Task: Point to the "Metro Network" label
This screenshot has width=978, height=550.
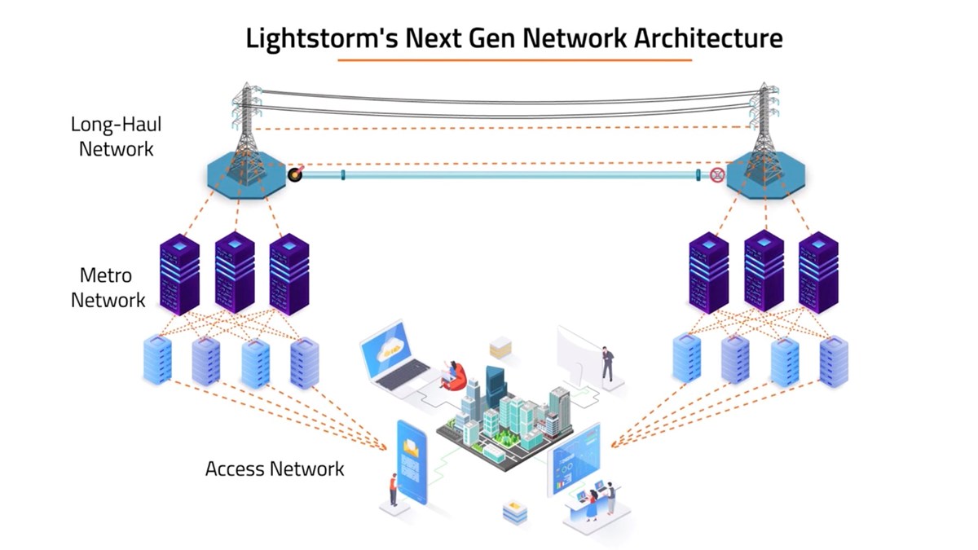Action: (x=107, y=287)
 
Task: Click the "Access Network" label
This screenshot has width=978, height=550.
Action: (x=274, y=469)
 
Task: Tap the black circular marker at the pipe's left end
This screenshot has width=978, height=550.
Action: (x=295, y=174)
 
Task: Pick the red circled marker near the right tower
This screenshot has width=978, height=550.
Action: (x=717, y=174)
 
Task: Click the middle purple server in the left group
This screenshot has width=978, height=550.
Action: (x=234, y=273)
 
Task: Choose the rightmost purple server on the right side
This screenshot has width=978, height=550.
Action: (x=817, y=273)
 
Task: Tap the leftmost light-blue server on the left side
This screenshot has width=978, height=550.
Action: (x=157, y=360)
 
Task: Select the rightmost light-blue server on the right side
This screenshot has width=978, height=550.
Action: (x=834, y=360)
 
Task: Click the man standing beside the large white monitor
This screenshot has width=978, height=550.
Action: (x=606, y=364)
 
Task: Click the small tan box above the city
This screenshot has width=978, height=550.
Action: (x=500, y=349)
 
